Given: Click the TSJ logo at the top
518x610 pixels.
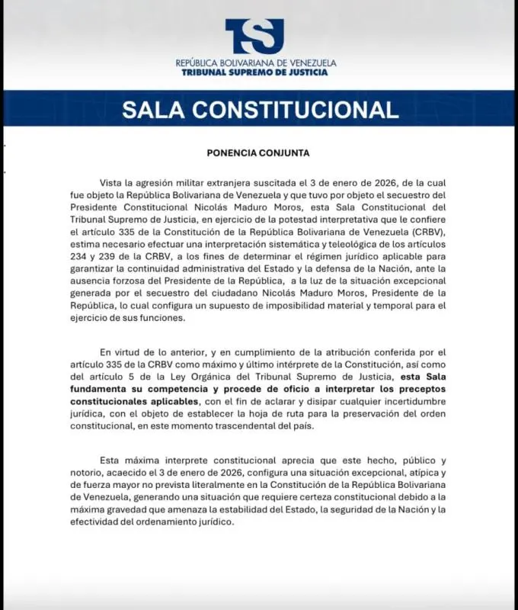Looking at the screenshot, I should [x=254, y=36].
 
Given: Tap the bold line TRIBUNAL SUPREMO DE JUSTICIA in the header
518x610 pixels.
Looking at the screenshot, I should [x=255, y=72].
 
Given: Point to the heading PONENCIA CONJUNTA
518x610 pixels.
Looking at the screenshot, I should [x=258, y=152].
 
